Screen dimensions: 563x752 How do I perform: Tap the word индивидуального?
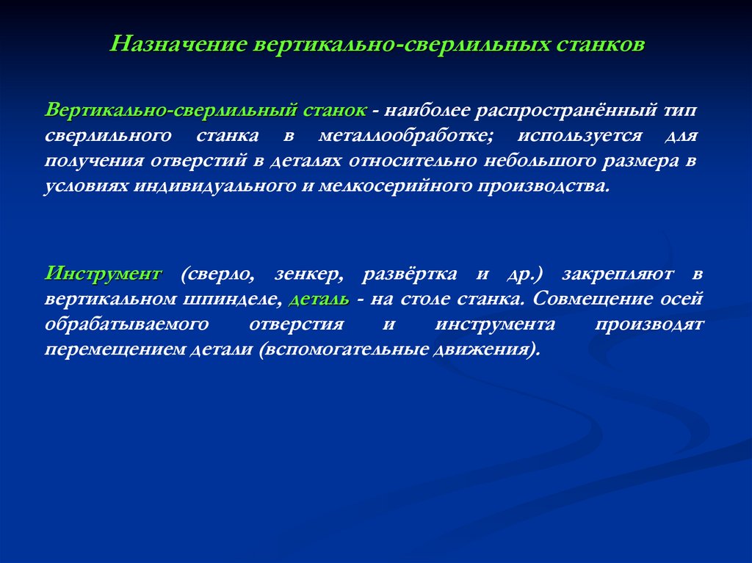(213, 184)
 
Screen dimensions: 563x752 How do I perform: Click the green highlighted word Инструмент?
(103, 275)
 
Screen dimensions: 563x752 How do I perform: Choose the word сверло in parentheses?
(218, 275)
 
